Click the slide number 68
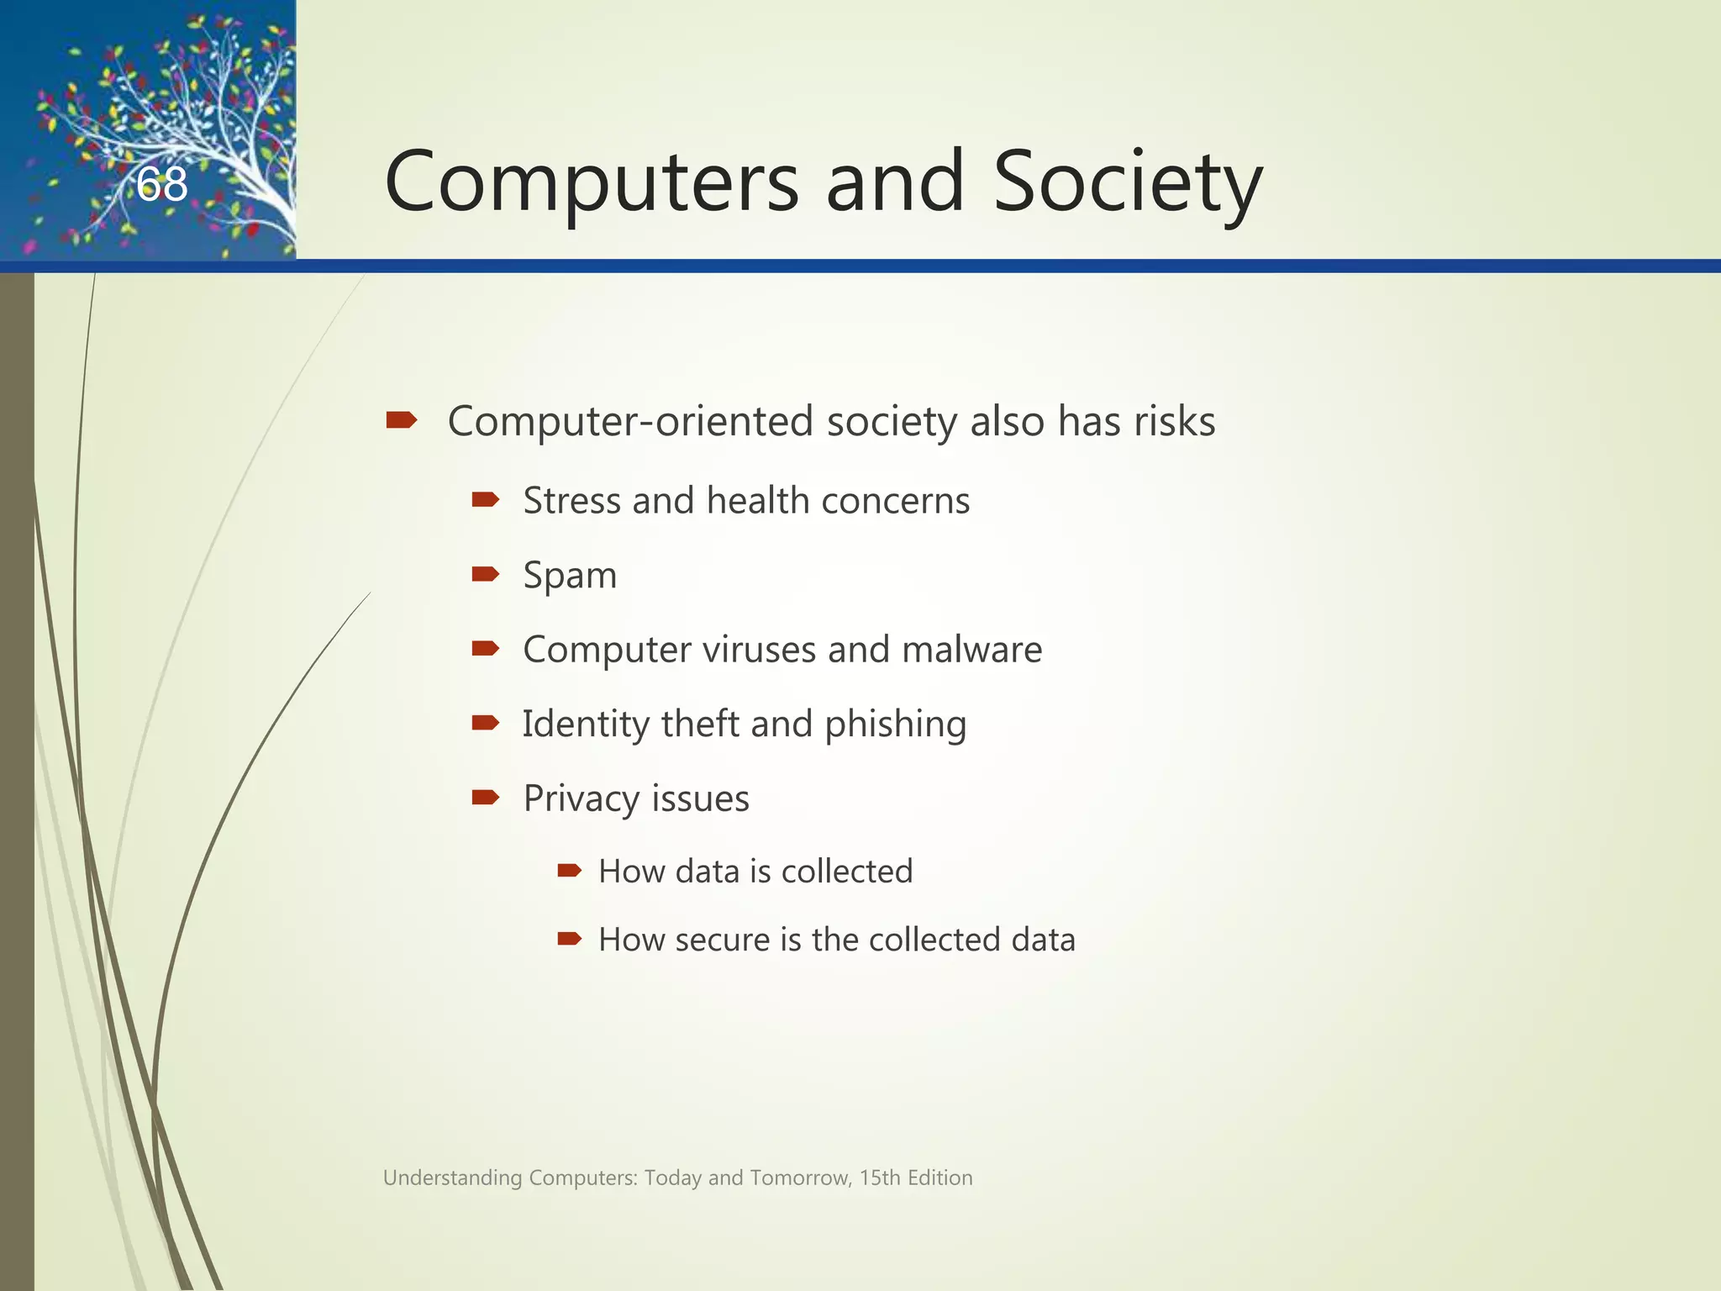162,184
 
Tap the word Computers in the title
592,182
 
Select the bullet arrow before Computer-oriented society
402,419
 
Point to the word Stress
571,501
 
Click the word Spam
570,577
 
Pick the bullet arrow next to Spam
486,574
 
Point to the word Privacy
581,798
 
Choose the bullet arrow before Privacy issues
486,797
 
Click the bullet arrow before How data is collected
570,870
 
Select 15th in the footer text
880,1178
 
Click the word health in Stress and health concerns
757,501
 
